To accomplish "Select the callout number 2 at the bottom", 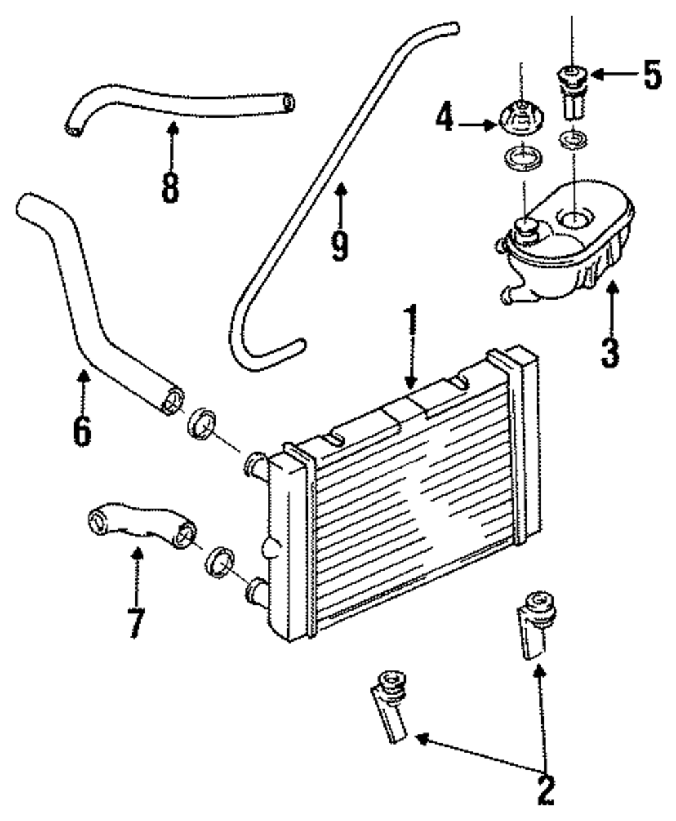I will (x=546, y=787).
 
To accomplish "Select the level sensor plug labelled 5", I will (x=572, y=91).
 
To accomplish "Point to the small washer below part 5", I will (x=573, y=141).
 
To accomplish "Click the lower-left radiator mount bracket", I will (x=390, y=703).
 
